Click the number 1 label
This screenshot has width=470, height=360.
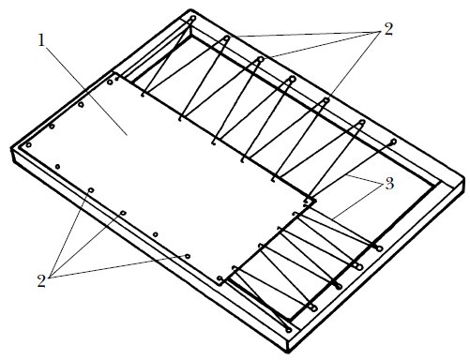pyautogui.click(x=41, y=40)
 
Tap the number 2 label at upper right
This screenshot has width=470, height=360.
pyautogui.click(x=387, y=30)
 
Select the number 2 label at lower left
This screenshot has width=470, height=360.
pyautogui.click(x=41, y=281)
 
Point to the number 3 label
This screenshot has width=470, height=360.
pyautogui.click(x=389, y=184)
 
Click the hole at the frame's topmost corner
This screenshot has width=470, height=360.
pyautogui.click(x=193, y=18)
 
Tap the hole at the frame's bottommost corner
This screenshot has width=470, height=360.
pyautogui.click(x=289, y=330)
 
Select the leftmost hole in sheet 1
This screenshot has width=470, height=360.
pyautogui.click(x=28, y=144)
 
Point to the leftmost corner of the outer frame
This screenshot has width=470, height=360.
pyautogui.click(x=12, y=149)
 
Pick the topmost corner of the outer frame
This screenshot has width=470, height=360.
pyautogui.click(x=190, y=9)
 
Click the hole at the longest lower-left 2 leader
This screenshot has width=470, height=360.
pyautogui.click(x=188, y=257)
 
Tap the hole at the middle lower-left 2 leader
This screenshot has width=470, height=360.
pyautogui.click(x=123, y=213)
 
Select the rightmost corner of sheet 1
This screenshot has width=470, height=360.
pyautogui.click(x=316, y=200)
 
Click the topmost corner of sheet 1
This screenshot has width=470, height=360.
pyautogui.click(x=114, y=73)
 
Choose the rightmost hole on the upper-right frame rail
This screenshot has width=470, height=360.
pyautogui.click(x=394, y=142)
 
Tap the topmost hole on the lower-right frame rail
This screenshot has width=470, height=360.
pyautogui.click(x=380, y=248)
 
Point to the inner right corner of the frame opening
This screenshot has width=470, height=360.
pyautogui.click(x=435, y=187)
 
